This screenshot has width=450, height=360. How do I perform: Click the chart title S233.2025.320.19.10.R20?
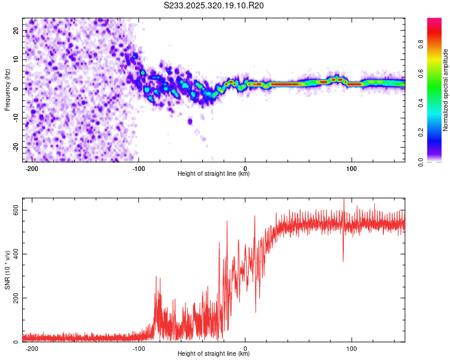coord(214,5)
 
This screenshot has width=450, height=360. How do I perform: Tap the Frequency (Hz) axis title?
coord(7,89)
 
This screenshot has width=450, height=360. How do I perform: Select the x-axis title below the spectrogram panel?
coord(213,174)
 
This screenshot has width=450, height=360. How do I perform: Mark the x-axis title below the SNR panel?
coord(213,354)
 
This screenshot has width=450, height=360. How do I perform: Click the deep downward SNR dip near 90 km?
coord(343,259)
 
